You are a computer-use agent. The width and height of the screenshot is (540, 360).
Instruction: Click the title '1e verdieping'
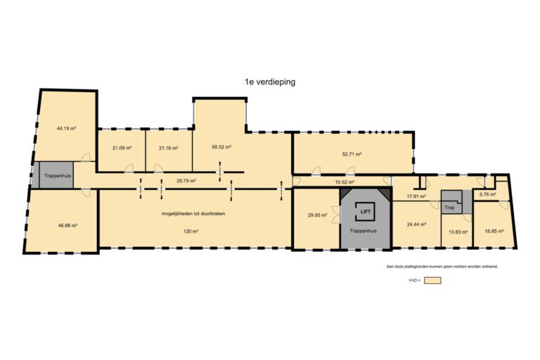tap(270, 82)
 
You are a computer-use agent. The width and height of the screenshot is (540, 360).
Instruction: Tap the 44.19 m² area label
tap(67, 128)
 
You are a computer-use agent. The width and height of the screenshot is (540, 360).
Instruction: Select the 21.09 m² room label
tap(122, 148)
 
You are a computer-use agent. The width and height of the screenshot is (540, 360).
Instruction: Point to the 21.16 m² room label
tap(169, 148)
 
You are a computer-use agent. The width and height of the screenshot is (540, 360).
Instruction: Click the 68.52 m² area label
tap(221, 146)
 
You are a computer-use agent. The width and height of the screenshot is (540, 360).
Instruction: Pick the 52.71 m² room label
tap(352, 154)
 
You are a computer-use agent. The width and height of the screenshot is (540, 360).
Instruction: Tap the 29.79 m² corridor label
tap(186, 181)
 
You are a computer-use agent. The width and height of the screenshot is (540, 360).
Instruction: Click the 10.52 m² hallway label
tap(345, 181)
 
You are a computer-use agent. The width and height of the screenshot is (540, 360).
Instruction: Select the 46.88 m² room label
tap(67, 225)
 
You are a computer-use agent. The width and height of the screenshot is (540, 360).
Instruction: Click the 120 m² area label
tap(191, 231)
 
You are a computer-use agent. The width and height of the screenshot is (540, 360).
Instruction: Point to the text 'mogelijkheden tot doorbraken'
tap(193, 214)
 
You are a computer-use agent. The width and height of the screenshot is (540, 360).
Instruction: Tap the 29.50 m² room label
tap(318, 215)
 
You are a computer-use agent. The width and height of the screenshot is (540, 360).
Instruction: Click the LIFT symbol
tap(365, 211)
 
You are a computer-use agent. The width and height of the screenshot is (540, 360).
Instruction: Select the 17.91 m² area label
tap(416, 196)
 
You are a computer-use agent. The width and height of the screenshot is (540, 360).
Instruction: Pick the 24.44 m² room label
tap(417, 224)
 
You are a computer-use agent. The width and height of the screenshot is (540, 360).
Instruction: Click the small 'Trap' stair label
tap(449, 207)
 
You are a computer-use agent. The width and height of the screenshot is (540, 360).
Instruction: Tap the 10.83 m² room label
tap(458, 232)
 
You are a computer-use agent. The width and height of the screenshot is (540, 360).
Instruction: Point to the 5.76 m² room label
tap(488, 194)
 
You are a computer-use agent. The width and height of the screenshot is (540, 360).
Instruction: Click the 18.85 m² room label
tap(494, 231)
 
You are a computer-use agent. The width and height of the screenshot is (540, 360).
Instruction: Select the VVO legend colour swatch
tap(432, 281)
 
